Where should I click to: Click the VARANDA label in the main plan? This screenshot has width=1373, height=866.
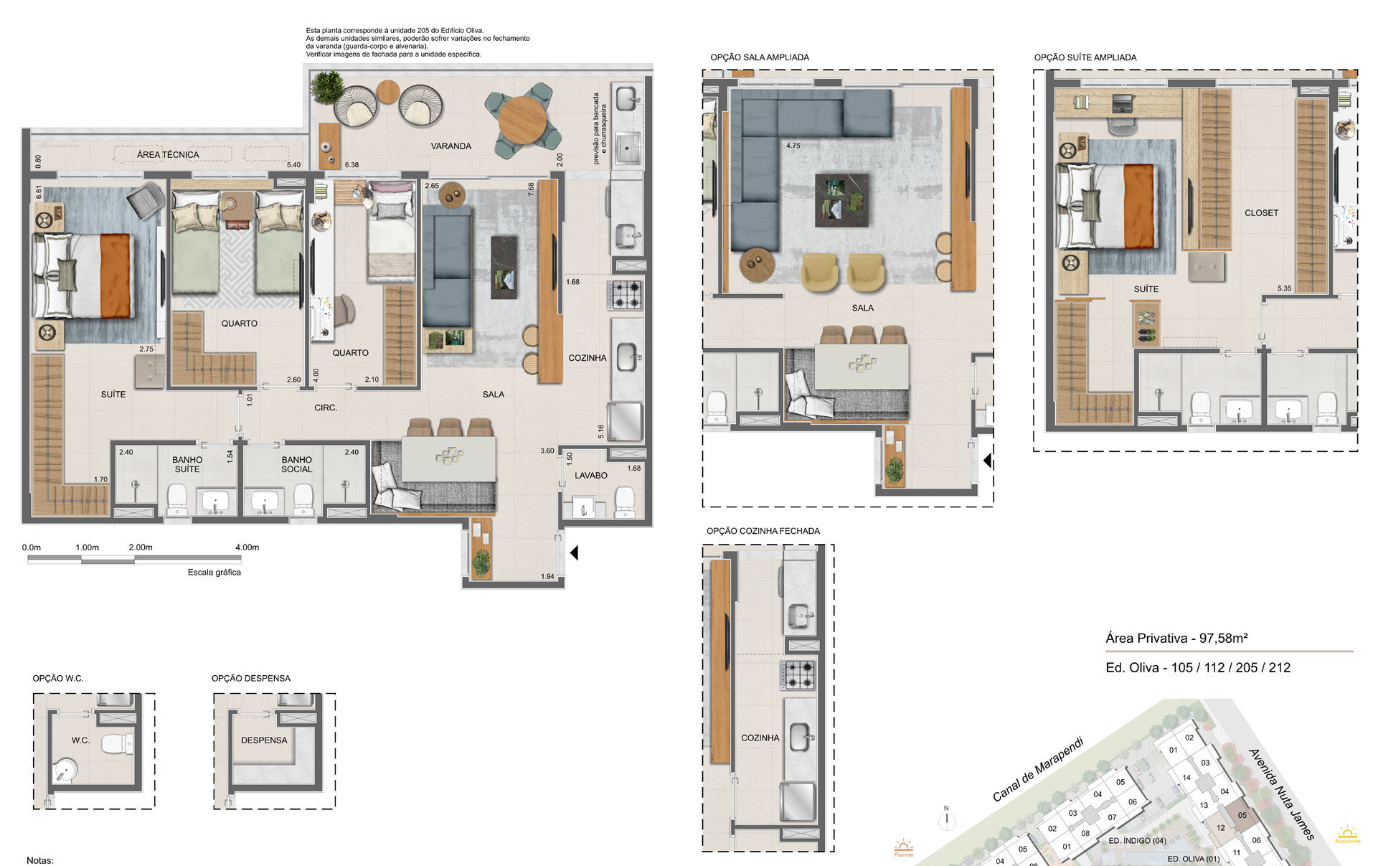point(450,146)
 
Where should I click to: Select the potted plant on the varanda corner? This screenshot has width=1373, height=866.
point(327,88)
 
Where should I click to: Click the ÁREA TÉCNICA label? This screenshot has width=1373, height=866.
point(168,154)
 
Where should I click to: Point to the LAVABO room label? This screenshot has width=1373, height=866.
point(590,475)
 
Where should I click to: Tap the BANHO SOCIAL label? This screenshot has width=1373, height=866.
point(296,464)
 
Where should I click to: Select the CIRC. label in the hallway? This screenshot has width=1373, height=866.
point(326,408)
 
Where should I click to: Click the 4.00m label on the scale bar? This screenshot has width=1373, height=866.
point(247,547)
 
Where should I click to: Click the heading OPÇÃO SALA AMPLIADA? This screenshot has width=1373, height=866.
point(760,57)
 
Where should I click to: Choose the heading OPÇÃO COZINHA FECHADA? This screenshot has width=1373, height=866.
point(763,531)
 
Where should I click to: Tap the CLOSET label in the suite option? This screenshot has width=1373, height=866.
point(1261,213)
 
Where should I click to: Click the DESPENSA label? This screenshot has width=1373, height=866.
point(264,740)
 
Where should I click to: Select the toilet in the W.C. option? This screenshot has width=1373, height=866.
point(118,743)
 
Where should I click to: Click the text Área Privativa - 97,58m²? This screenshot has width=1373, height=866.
point(1176,638)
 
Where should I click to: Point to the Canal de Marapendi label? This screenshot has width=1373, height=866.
point(1037,769)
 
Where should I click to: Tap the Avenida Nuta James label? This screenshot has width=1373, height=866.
point(1282,794)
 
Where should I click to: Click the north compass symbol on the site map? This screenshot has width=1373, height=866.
point(946,818)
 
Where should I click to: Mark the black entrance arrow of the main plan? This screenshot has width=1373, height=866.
point(573,552)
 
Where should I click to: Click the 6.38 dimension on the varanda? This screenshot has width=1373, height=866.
point(351,165)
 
